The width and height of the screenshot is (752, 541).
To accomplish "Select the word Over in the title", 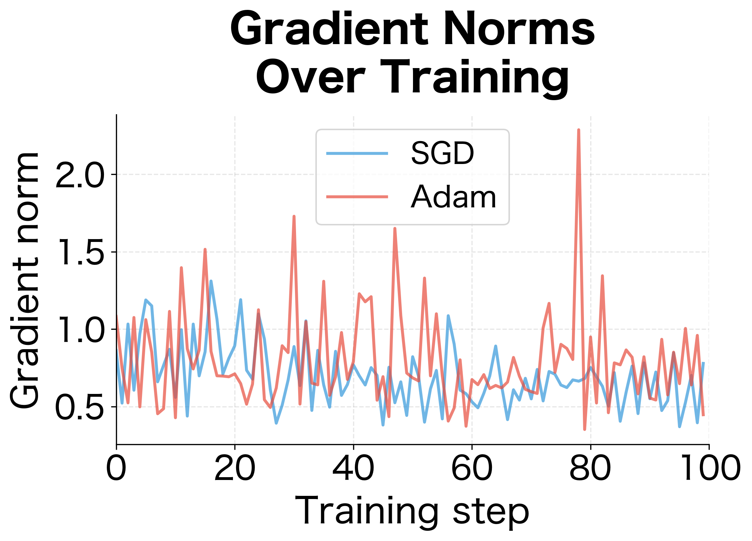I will [310, 78].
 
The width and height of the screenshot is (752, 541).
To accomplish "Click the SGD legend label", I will [442, 153].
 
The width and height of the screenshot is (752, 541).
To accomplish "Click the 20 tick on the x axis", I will [235, 468].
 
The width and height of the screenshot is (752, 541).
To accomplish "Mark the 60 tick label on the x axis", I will [472, 468].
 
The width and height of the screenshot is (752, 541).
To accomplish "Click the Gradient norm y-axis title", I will [25, 280].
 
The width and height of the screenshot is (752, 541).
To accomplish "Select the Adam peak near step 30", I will [294, 217].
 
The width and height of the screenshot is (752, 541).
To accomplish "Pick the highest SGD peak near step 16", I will [211, 281].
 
